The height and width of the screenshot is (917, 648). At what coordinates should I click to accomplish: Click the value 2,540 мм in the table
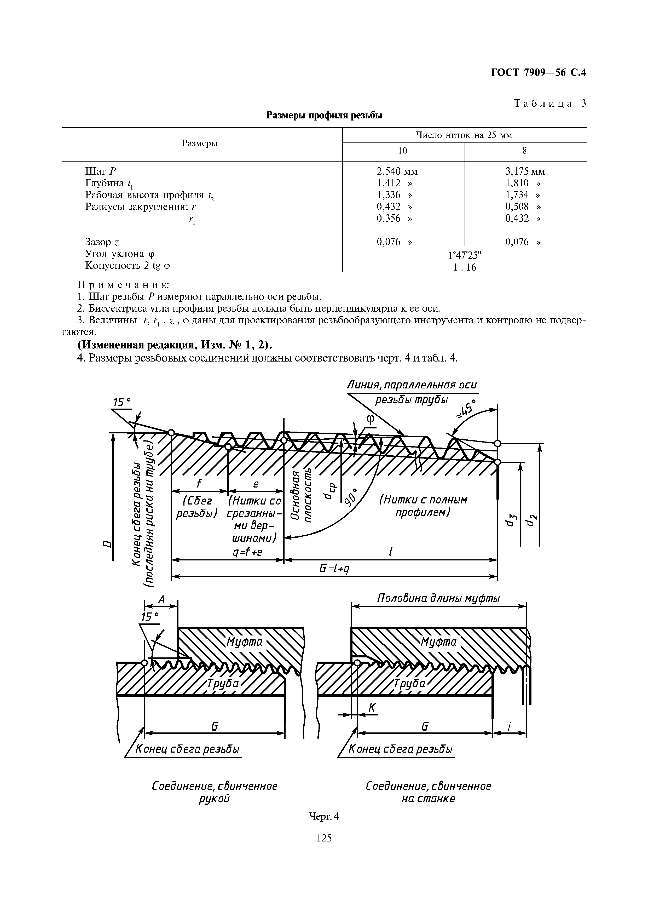pyautogui.click(x=397, y=171)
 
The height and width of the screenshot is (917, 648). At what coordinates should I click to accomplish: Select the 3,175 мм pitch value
pyautogui.click(x=525, y=171)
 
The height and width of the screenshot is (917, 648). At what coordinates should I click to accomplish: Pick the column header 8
pyautogui.click(x=525, y=151)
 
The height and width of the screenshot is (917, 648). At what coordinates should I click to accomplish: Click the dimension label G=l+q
pyautogui.click(x=334, y=569)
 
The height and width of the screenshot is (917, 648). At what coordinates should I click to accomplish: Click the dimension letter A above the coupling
pyautogui.click(x=161, y=599)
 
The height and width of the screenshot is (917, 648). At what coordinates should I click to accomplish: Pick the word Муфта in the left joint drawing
pyautogui.click(x=244, y=642)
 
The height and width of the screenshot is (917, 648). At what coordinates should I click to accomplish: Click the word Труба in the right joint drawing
pyautogui.click(x=409, y=683)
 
